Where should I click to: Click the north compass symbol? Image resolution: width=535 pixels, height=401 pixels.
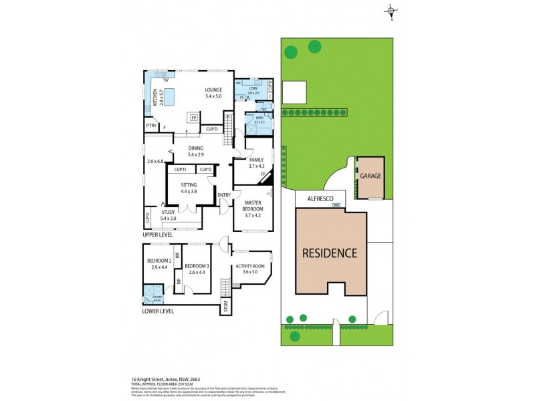pyautogui.click(x=391, y=11)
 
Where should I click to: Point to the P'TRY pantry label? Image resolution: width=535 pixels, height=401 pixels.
pyautogui.click(x=150, y=125)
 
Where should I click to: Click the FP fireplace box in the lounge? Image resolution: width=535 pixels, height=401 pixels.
pyautogui.click(x=194, y=118)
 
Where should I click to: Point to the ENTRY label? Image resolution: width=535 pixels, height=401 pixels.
pyautogui.click(x=224, y=195)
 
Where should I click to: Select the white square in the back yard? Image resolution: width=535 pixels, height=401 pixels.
pyautogui.click(x=294, y=92)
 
